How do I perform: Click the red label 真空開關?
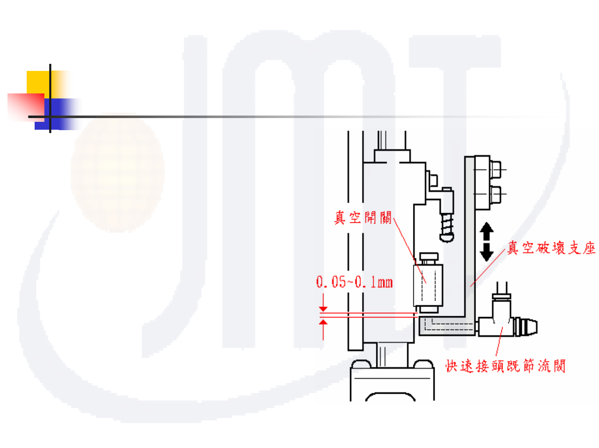click(x=363, y=217)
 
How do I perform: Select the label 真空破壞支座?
click(x=551, y=248)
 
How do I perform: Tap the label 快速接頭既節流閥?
click(x=505, y=366)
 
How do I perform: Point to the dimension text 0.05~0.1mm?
click(x=354, y=282)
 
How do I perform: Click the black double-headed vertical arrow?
click(x=486, y=242)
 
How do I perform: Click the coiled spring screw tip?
click(x=447, y=227)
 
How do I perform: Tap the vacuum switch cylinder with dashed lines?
click(x=428, y=285)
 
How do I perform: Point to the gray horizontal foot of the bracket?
click(x=446, y=326)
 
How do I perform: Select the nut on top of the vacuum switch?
click(x=428, y=257)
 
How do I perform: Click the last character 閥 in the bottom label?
click(x=559, y=366)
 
